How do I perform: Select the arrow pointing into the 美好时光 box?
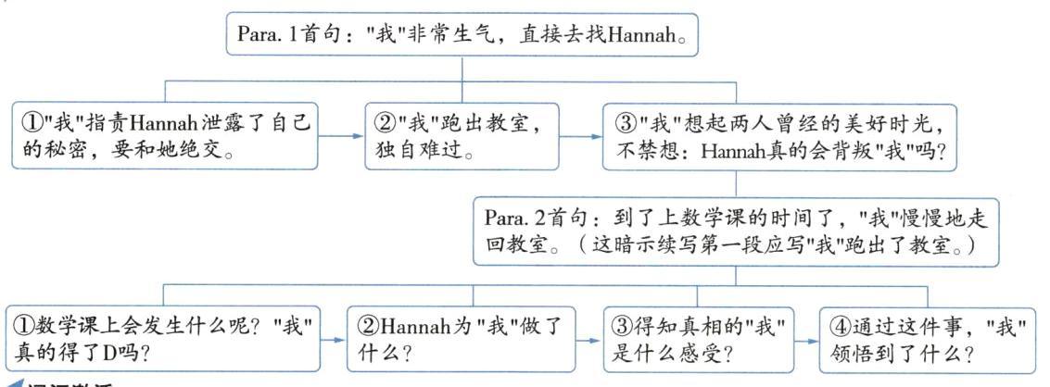pyautogui.click(x=581, y=136)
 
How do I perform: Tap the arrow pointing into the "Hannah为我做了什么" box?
pyautogui.click(x=334, y=341)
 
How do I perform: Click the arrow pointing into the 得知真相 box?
pyautogui.click(x=586, y=341)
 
